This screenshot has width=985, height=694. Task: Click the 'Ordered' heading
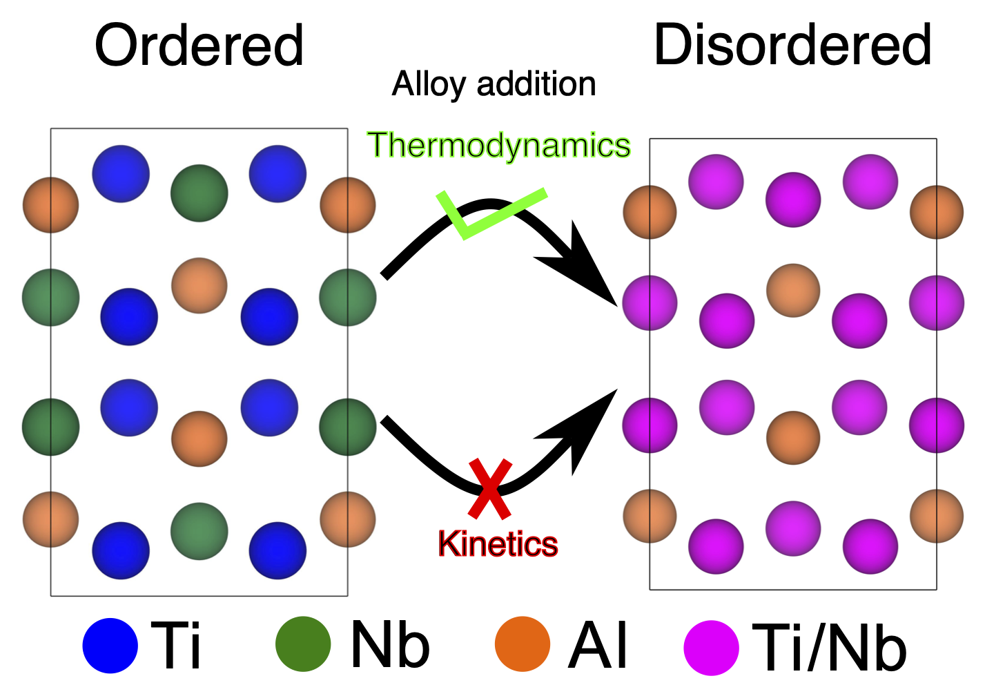point(199,46)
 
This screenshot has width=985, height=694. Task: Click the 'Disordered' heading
point(792,45)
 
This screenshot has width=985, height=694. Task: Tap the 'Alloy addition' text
point(494,84)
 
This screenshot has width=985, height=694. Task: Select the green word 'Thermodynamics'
point(499,146)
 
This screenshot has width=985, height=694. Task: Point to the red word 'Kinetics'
point(498,544)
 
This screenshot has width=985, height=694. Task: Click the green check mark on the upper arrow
point(483,214)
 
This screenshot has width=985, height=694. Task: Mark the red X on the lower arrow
point(489,489)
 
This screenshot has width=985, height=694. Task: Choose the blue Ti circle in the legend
point(110,646)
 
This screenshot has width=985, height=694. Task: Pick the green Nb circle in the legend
point(302,644)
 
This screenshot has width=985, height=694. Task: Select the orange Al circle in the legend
point(523,644)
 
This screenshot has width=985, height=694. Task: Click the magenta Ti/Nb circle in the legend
point(711,648)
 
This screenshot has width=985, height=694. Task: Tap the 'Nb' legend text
point(390,644)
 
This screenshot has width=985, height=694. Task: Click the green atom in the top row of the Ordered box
point(199,193)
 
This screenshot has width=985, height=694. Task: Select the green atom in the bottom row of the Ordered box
point(199,531)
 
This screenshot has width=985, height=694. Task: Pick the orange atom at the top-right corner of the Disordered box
point(936,212)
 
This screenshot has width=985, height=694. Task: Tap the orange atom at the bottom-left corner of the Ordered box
point(50,519)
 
